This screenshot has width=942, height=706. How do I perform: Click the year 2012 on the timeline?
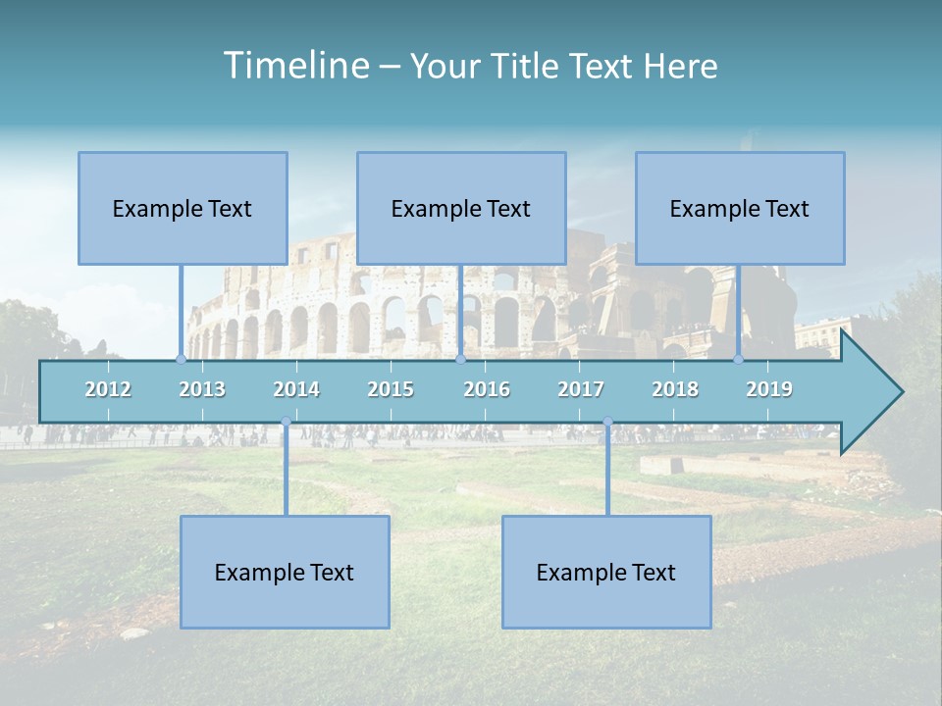point(108,389)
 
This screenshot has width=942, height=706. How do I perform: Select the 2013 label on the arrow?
point(202,389)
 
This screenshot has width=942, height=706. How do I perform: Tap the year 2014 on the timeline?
point(296,389)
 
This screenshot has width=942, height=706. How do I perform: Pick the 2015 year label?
point(391,389)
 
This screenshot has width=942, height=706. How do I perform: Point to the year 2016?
point(487,389)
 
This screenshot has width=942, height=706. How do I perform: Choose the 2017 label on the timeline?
point(581,389)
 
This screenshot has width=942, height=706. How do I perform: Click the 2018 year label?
point(675,389)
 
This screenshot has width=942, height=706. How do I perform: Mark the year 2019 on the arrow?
point(769,389)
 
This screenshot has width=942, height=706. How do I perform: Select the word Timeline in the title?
point(295,66)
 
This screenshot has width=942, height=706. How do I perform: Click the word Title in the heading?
point(527,67)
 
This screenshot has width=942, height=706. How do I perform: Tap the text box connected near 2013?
point(183,208)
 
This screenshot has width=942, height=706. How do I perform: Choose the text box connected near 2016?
point(461,208)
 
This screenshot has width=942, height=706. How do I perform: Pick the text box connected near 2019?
point(740,208)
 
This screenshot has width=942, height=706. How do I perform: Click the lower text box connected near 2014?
point(285,572)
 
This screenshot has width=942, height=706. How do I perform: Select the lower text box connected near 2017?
point(606,572)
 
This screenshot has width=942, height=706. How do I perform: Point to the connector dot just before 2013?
point(181,359)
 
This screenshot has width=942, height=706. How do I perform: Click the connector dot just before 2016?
point(460,359)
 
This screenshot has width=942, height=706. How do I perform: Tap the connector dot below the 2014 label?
point(286,422)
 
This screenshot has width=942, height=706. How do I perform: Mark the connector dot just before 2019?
point(739,359)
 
